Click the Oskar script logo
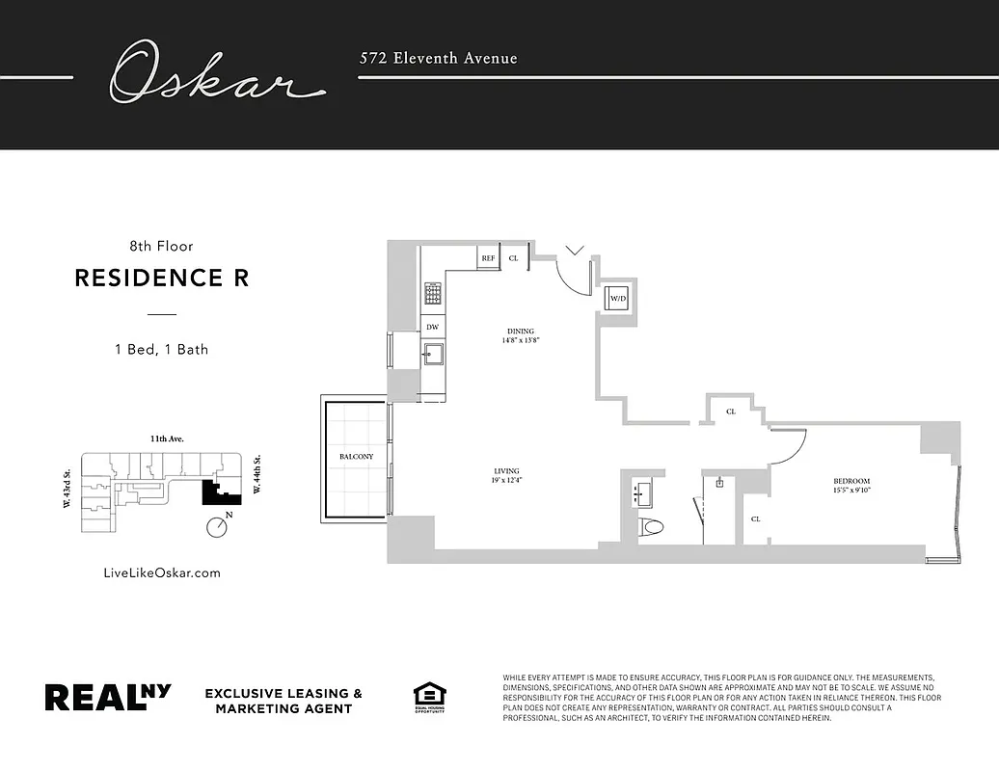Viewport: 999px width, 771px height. click(x=214, y=73)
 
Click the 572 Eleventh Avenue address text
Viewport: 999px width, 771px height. click(x=438, y=59)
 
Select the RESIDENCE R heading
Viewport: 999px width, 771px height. click(x=161, y=279)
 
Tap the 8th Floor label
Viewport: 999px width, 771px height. click(x=161, y=247)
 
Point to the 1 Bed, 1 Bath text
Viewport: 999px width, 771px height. click(x=161, y=349)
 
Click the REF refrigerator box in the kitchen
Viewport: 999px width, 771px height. click(x=488, y=258)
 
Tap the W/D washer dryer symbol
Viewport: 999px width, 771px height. click(x=616, y=299)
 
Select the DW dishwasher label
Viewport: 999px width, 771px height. click(x=433, y=328)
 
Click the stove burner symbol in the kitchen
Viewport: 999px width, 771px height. click(x=433, y=292)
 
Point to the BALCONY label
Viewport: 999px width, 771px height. click(x=356, y=457)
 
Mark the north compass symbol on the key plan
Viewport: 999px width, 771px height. click(x=217, y=527)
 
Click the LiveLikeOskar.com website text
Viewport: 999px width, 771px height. click(x=161, y=572)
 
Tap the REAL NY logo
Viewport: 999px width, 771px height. click(x=108, y=698)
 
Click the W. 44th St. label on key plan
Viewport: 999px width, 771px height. click(x=256, y=476)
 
